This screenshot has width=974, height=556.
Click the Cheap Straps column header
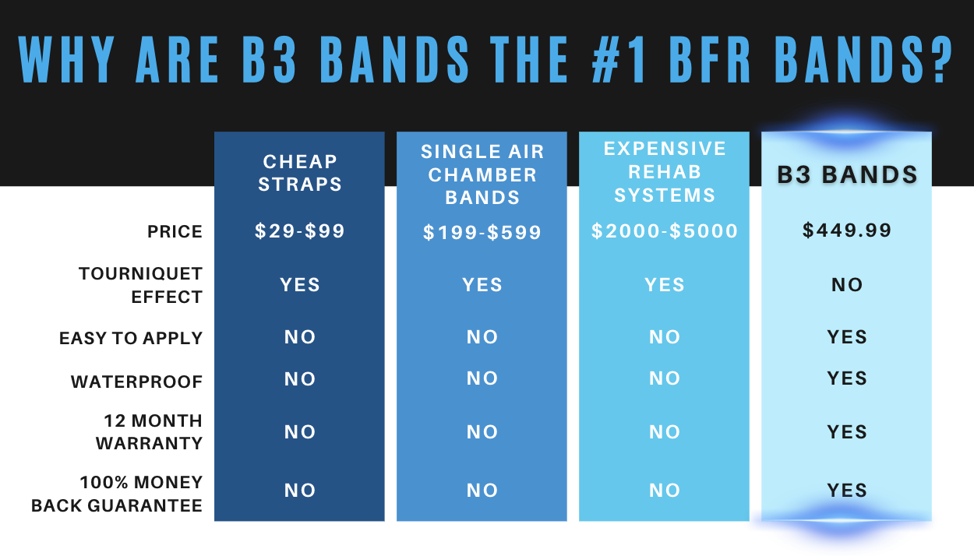(x=299, y=173)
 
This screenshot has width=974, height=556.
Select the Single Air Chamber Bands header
(x=482, y=174)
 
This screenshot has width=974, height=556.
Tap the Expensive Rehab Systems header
(x=665, y=172)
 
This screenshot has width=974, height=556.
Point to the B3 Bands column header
(x=847, y=174)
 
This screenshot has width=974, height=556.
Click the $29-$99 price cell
(x=299, y=230)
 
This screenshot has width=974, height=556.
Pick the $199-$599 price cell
(x=482, y=232)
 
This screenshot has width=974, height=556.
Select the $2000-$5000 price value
(x=665, y=230)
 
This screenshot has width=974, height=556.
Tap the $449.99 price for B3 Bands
(x=847, y=230)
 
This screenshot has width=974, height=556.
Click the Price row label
(x=175, y=232)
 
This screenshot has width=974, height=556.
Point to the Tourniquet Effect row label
(x=140, y=286)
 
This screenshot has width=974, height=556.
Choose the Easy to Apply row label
(x=131, y=338)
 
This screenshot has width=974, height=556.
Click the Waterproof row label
(x=136, y=382)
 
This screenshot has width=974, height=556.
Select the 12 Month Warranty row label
(x=149, y=432)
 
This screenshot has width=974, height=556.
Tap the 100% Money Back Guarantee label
(x=117, y=494)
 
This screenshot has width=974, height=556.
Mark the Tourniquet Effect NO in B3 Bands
(x=847, y=285)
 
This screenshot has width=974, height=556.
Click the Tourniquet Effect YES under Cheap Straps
(x=299, y=285)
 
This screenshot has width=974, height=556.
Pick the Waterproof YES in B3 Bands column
(x=847, y=378)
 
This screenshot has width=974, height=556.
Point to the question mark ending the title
(x=940, y=59)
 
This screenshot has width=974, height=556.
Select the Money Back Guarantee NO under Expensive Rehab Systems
(x=665, y=491)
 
